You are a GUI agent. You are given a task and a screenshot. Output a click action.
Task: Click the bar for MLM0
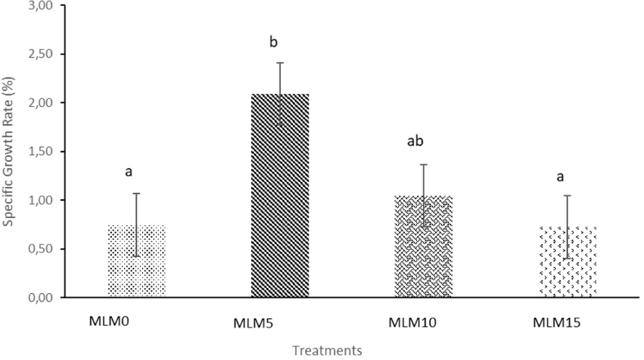click(137, 261)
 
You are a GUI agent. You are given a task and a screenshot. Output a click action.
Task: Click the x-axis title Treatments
click(326, 350)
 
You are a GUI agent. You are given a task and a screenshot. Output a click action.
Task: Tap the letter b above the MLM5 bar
click(273, 43)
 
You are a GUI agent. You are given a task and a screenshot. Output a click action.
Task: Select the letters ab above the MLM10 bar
click(415, 141)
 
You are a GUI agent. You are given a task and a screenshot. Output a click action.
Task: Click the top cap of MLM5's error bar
click(280, 63)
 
